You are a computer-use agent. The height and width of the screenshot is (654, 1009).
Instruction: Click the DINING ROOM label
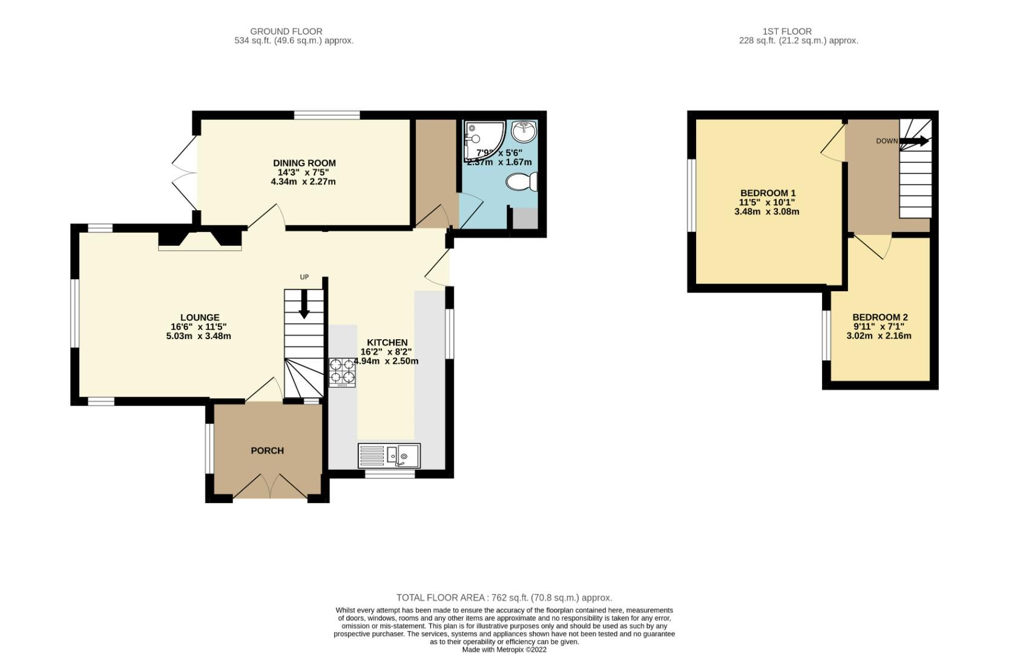pyautogui.click(x=304, y=163)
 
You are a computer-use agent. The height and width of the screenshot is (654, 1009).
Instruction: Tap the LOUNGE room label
pyautogui.click(x=200, y=317)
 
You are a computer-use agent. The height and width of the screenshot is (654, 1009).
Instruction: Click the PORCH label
pyautogui.click(x=267, y=451)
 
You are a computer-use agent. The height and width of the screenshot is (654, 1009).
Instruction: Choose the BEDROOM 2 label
pyautogui.click(x=879, y=317)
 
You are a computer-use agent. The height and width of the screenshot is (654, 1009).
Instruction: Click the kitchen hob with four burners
pyautogui.click(x=342, y=372)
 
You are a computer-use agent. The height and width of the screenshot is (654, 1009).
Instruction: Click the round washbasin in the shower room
pyautogui.click(x=523, y=130)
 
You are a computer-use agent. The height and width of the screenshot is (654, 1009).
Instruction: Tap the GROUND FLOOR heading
pyautogui.click(x=286, y=31)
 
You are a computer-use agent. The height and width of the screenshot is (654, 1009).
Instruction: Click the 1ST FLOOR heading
pyautogui.click(x=787, y=31)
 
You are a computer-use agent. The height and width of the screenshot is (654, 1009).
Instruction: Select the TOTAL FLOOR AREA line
pyautogui.click(x=504, y=598)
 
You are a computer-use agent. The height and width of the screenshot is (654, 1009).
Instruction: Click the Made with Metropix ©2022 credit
pyautogui.click(x=504, y=649)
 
